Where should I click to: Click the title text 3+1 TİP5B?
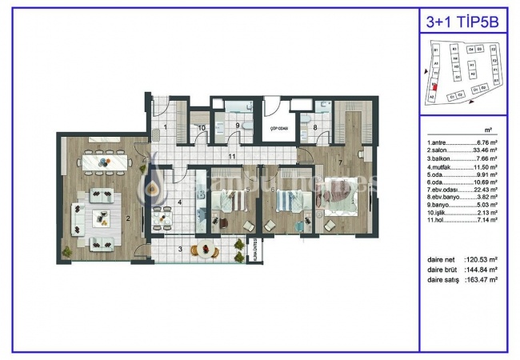463,22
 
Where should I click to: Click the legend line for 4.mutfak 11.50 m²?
462,166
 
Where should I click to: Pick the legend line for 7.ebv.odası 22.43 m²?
462,190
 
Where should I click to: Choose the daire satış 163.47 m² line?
462,280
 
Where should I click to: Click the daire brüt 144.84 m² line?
462,271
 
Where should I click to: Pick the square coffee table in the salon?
102,219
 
